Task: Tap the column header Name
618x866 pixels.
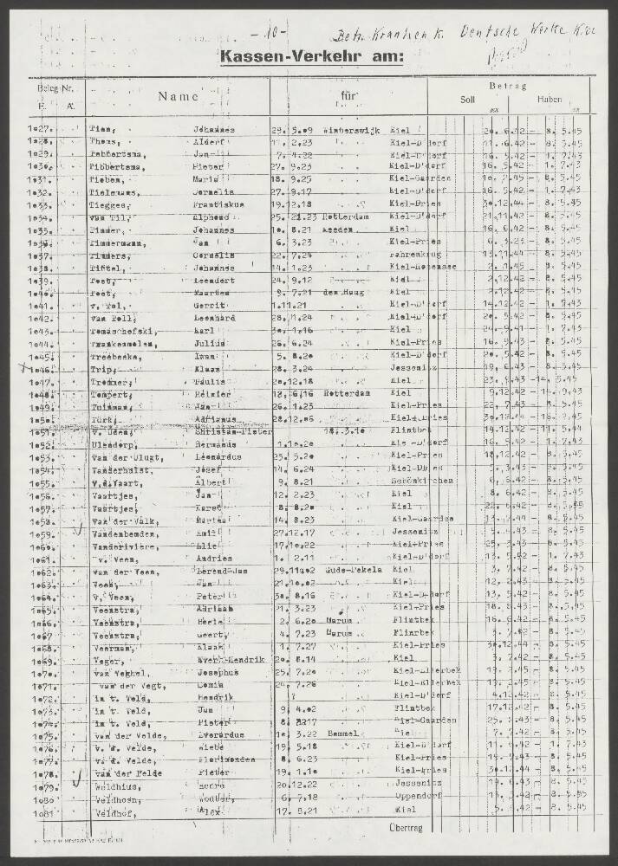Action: tap(178, 98)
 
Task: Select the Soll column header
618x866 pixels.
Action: tap(466, 100)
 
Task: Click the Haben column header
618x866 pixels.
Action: tap(549, 100)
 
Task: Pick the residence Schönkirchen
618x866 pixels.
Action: tap(420, 483)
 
